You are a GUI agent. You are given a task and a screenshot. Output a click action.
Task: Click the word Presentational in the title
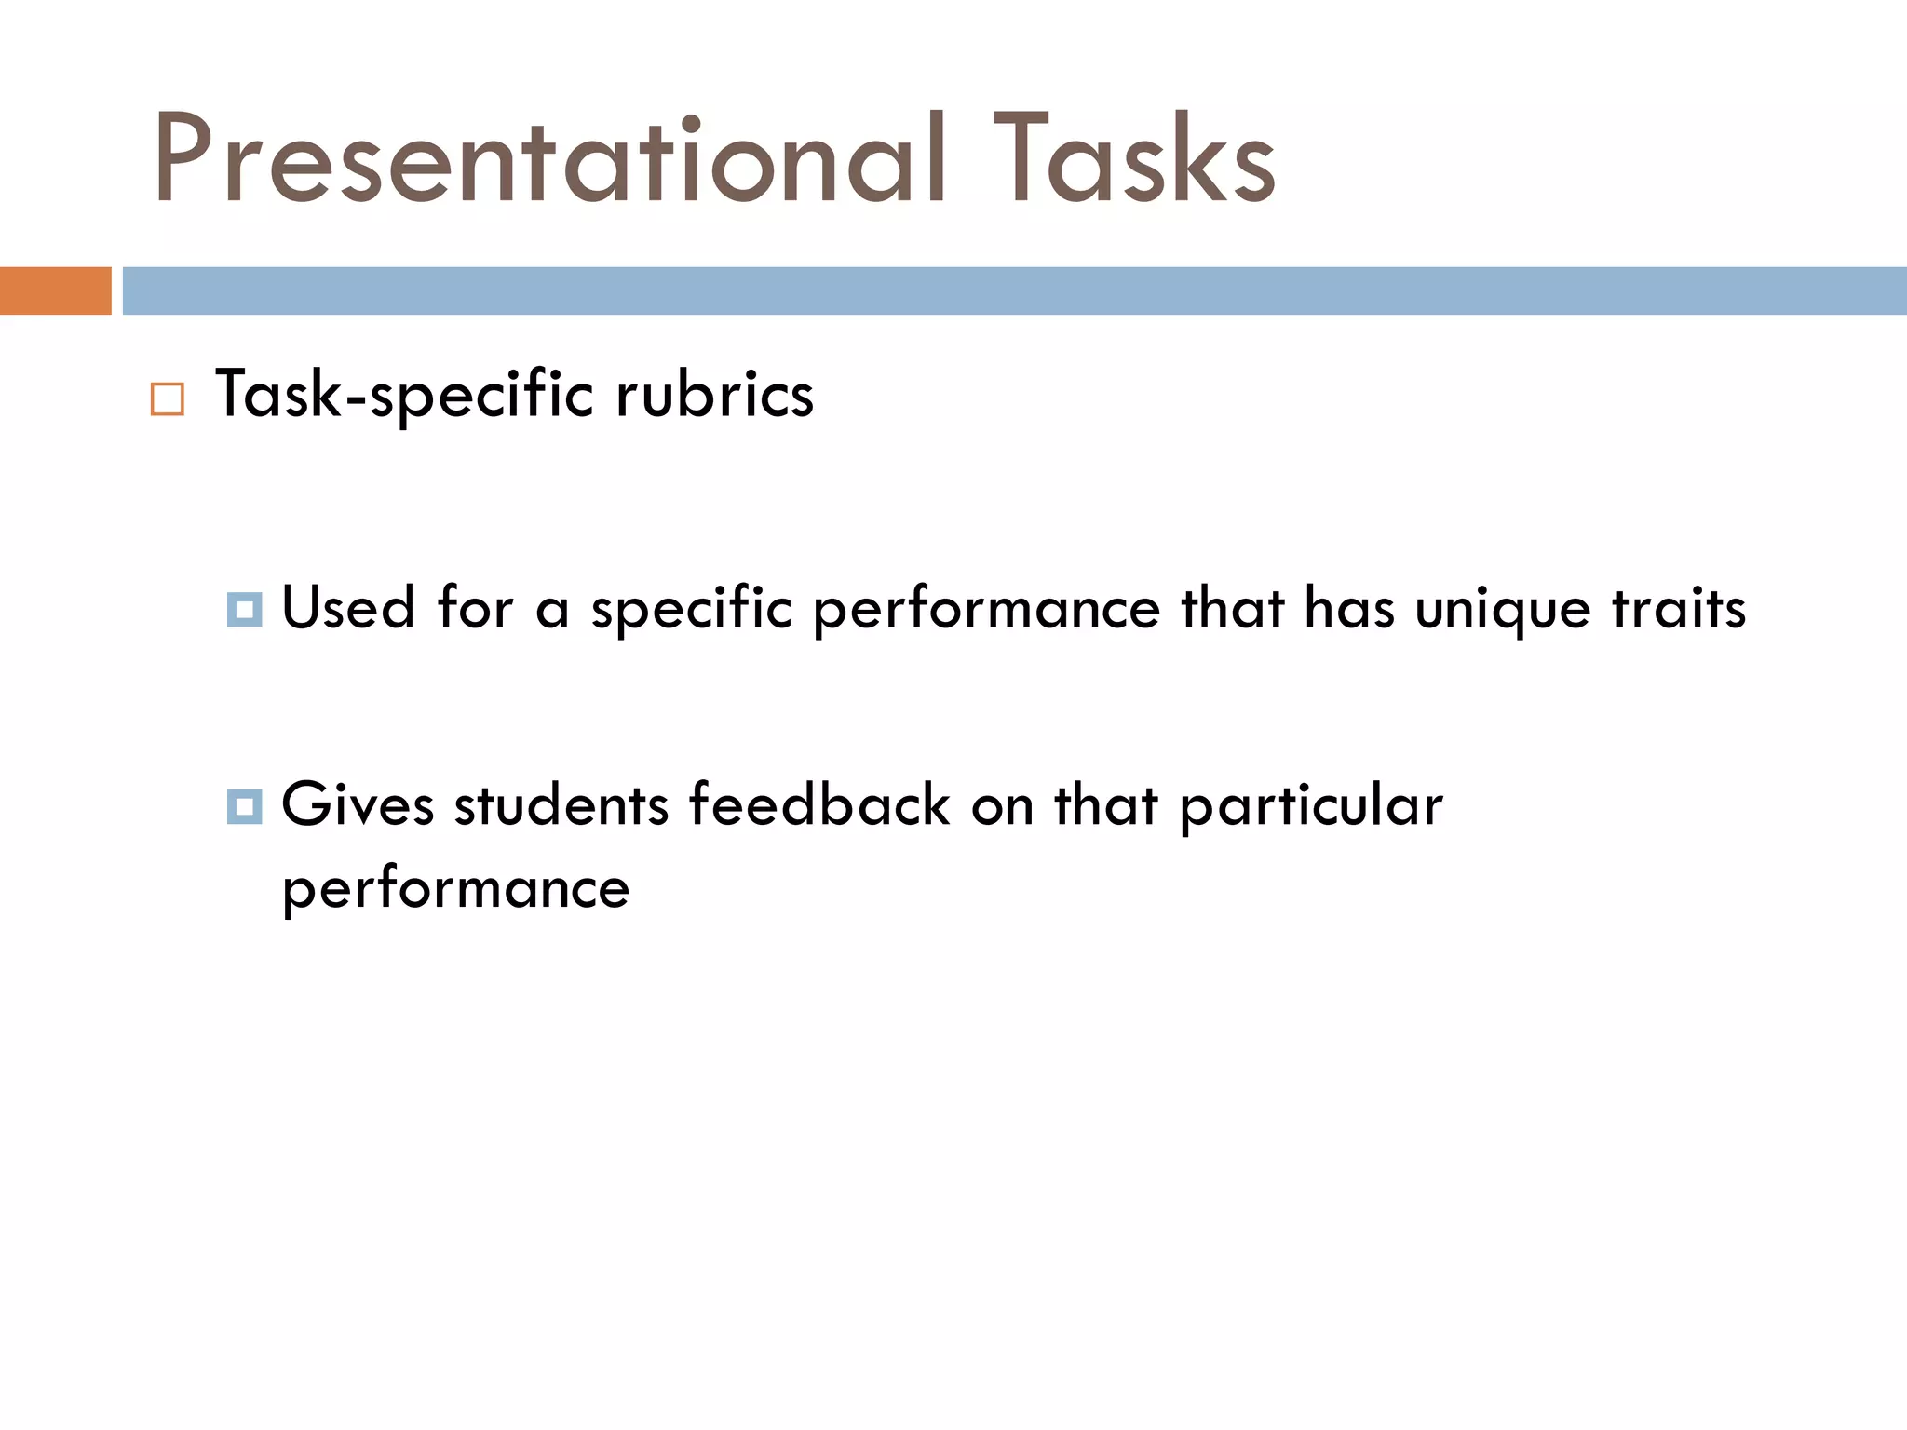(549, 158)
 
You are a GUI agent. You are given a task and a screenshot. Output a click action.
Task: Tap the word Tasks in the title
(1134, 158)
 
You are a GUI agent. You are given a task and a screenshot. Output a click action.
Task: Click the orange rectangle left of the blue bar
(55, 290)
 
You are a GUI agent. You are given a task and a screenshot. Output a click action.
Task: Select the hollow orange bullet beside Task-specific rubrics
(168, 399)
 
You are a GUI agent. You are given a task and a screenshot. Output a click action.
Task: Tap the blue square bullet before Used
(244, 610)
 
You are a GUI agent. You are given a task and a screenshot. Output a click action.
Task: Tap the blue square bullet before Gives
(244, 806)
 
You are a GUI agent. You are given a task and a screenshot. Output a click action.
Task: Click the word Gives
(358, 804)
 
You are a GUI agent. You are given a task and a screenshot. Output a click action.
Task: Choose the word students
(561, 804)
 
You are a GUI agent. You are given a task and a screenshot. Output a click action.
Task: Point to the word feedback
(819, 804)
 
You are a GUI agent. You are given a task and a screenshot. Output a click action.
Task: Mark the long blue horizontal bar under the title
(1014, 290)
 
